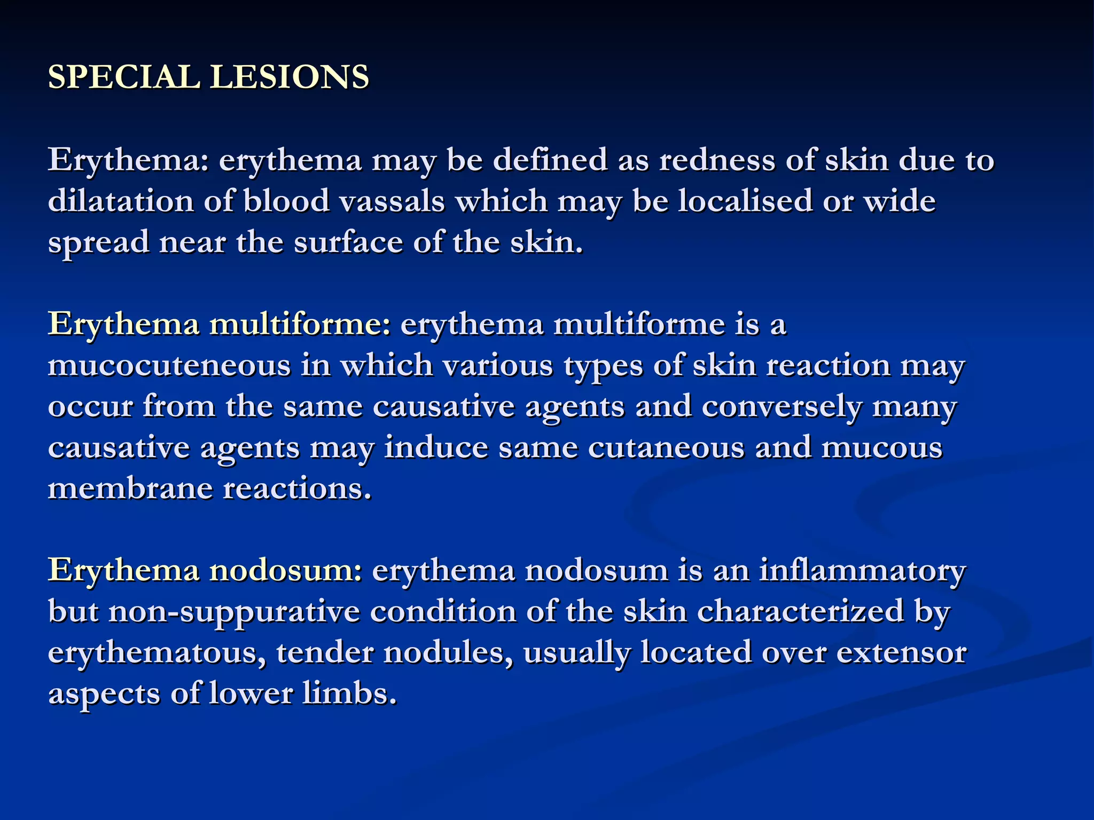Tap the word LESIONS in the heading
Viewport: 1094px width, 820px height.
[289, 77]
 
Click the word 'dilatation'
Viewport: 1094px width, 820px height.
[121, 201]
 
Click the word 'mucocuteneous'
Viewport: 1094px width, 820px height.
[169, 366]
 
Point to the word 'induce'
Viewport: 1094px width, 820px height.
[436, 447]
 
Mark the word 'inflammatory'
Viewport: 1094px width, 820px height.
[862, 571]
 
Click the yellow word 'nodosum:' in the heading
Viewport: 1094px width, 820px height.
[286, 571]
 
